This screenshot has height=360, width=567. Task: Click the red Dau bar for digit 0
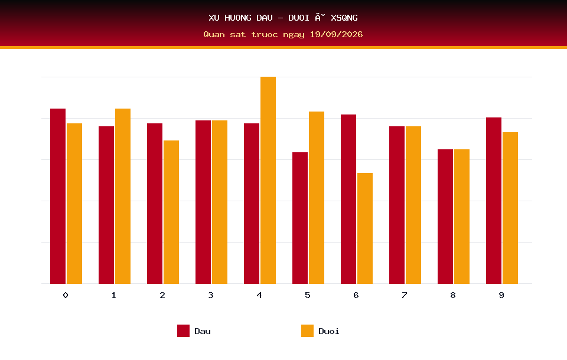coord(58,196)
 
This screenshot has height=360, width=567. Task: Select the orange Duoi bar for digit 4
coord(268,180)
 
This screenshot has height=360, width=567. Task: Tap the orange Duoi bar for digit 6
coord(365,228)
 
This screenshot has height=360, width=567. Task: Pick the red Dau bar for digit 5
coord(300,218)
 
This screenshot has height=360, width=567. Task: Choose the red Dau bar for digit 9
coord(494,201)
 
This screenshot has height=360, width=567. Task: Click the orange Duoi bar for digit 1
coord(123,196)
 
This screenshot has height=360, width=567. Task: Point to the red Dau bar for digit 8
coord(445,217)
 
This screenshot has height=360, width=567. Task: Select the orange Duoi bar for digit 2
coord(171,212)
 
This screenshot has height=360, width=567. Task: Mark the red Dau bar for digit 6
coord(348,199)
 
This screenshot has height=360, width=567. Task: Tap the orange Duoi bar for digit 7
coord(413,205)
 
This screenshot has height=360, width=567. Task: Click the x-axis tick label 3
coord(211,295)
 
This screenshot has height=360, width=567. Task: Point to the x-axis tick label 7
coord(404,295)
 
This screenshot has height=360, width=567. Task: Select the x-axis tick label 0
coord(66,295)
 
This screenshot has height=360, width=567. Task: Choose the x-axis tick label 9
coord(501,295)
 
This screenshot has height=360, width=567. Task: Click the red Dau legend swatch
coord(183,330)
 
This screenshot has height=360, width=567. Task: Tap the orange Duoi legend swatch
coord(307,330)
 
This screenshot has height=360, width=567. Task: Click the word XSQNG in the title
coord(344,18)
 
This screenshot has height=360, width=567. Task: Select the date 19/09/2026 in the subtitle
coord(336,34)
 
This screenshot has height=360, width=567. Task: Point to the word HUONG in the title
coord(238,18)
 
